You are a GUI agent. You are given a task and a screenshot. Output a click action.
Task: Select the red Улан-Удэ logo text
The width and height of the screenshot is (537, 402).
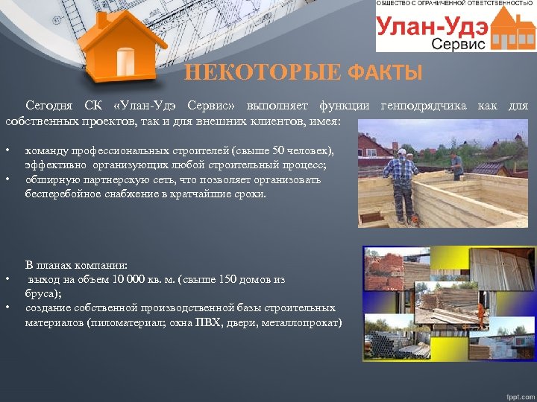pos(433,27)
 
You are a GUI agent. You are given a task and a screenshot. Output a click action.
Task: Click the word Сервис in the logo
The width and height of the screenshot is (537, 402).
pos(458,44)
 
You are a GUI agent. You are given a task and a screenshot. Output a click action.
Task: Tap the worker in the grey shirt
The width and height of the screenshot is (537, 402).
pos(456,165)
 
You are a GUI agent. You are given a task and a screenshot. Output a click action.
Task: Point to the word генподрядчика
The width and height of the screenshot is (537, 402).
pos(423,106)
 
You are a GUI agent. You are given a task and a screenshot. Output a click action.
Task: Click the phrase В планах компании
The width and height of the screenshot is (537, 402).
pos(76,265)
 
